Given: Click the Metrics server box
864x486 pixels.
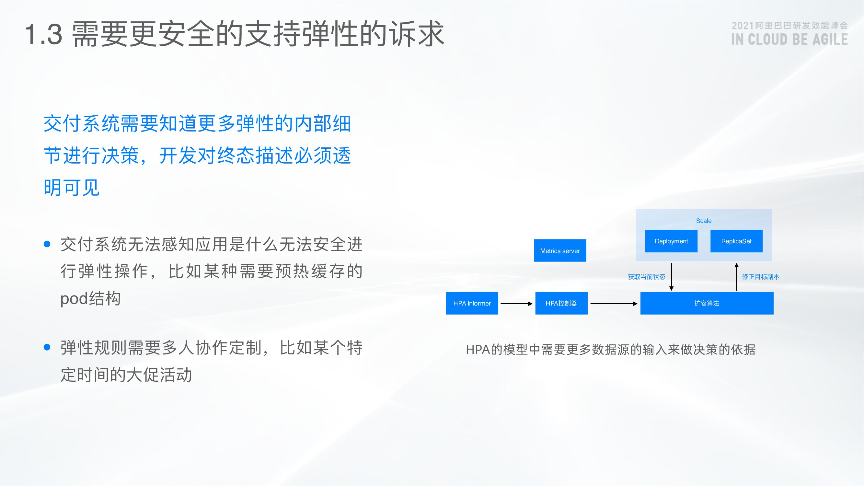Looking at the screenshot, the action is click(560, 250).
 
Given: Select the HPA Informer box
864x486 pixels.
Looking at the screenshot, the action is click(472, 303).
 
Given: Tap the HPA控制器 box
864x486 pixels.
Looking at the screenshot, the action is click(561, 303).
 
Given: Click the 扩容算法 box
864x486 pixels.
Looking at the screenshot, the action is click(707, 303).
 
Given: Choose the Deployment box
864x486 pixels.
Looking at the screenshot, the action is click(671, 241).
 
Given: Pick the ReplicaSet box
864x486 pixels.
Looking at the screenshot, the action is click(736, 241).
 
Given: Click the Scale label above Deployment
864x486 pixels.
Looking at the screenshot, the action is click(704, 221).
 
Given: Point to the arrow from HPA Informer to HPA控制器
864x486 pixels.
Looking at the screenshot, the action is click(516, 304).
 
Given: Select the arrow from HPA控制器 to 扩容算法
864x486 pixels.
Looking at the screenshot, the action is click(614, 304).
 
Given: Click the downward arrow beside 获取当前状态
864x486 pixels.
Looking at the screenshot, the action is click(671, 277).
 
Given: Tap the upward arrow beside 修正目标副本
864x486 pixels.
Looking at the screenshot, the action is click(737, 277).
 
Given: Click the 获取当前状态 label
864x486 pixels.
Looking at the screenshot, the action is click(646, 277).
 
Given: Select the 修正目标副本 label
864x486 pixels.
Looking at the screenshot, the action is click(760, 277).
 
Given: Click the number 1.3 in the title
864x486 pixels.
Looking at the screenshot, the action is click(44, 34).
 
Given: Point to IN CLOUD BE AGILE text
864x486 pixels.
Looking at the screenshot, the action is click(789, 40).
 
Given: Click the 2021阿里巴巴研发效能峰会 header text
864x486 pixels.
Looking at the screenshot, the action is click(789, 26).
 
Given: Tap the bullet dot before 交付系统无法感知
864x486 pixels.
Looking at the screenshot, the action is click(47, 244).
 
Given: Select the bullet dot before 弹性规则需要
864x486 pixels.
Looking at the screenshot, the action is click(47, 347).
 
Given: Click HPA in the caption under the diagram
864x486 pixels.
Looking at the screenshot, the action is click(478, 350).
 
